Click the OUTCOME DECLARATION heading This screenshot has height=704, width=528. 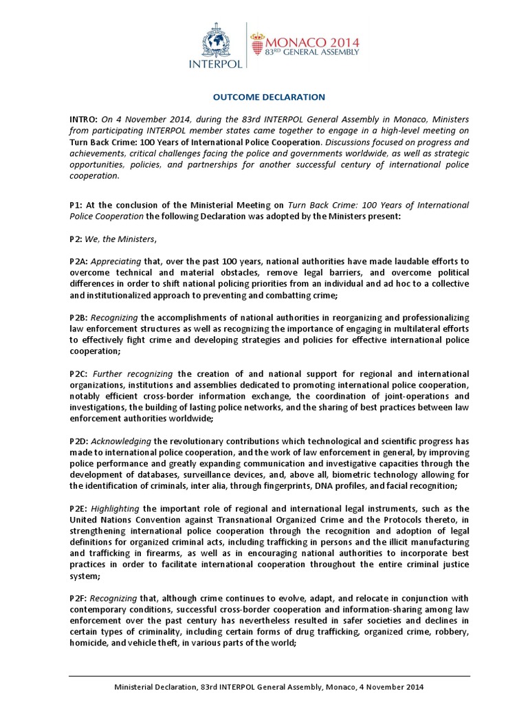click(x=264, y=98)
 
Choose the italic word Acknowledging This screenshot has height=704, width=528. click(x=121, y=441)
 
